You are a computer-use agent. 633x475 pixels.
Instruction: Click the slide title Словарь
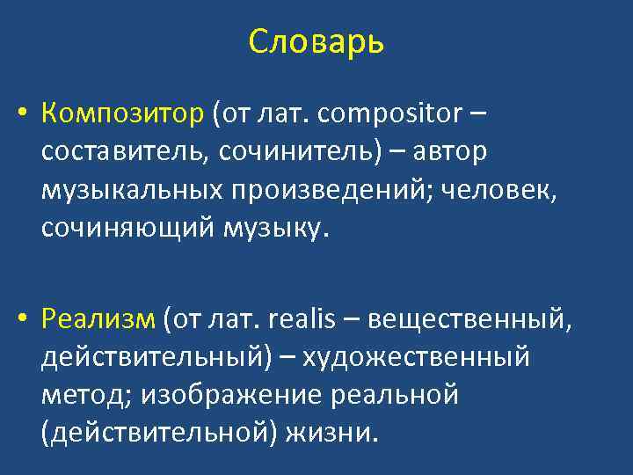pos(316,41)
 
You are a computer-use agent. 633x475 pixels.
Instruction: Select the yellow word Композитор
pos(122,114)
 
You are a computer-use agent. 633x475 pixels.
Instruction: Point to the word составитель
pos(120,152)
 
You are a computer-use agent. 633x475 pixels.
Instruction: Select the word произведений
pos(332,190)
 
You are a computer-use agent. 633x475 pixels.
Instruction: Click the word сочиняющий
pos(121,228)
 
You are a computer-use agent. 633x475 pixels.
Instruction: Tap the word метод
pos(74,396)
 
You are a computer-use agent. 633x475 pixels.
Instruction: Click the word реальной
pos(395,396)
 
